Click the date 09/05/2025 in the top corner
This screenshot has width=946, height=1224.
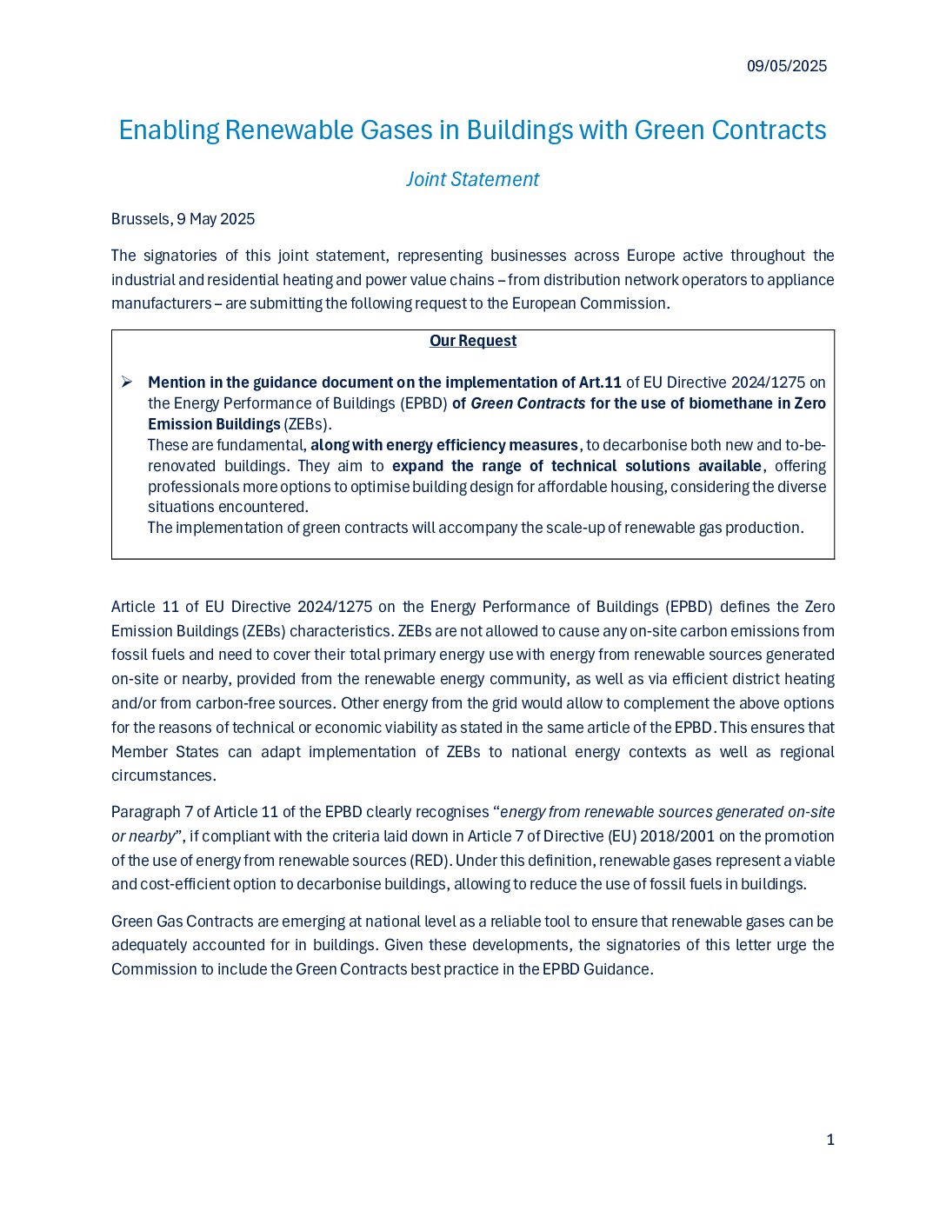coord(786,66)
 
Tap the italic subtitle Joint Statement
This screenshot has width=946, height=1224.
coord(472,179)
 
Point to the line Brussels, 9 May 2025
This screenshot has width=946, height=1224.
coord(183,219)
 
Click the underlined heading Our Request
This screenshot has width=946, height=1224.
coord(472,341)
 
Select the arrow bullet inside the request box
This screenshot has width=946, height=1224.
coord(126,382)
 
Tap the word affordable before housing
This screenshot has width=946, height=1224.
coord(569,487)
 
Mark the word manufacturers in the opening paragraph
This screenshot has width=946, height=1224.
coord(161,303)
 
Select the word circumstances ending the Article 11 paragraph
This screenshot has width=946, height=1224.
coord(163,775)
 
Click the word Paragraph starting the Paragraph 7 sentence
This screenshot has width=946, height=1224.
coord(145,812)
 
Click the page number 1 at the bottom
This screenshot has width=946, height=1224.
coord(830,1140)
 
